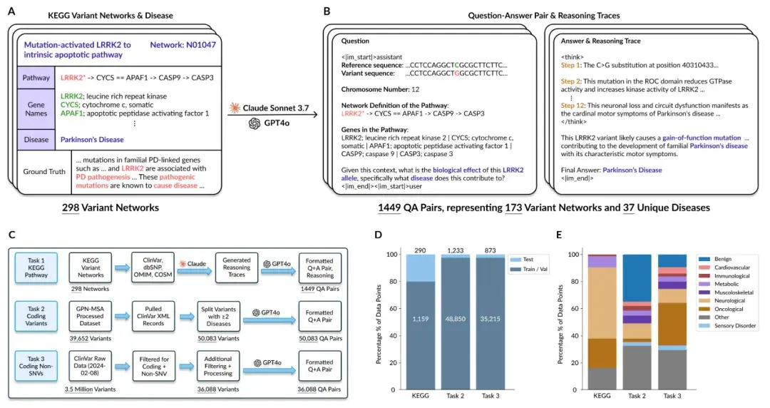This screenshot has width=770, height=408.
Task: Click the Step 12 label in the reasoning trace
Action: tap(575, 105)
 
